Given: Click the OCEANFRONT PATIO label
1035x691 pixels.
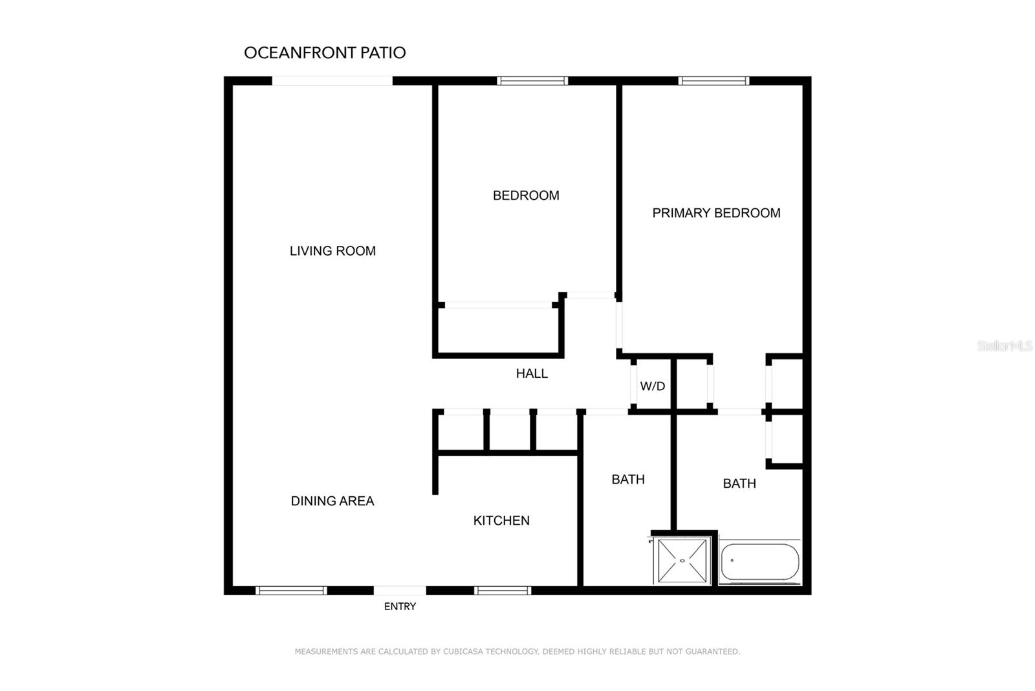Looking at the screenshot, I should click(x=325, y=53).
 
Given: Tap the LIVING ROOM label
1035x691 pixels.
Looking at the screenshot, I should click(x=332, y=251).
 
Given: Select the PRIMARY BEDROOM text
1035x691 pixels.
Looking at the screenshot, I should click(x=716, y=213).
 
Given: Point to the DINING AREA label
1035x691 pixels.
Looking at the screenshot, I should click(x=332, y=501).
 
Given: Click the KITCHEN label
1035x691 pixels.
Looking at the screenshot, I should click(x=501, y=521).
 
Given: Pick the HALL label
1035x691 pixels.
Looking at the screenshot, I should click(x=532, y=373).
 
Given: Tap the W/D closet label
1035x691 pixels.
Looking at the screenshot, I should click(x=652, y=386).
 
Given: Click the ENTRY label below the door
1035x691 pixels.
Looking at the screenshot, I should click(x=400, y=606).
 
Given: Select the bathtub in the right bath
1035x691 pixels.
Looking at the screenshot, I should click(x=759, y=562).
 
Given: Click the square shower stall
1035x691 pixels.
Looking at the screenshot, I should click(x=682, y=560).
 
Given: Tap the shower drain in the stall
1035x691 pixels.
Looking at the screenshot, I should click(x=682, y=561).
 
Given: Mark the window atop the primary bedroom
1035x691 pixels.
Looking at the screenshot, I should click(x=714, y=81).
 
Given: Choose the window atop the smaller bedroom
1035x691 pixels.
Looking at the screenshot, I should click(x=532, y=81).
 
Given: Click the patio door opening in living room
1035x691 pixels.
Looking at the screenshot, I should click(x=332, y=81).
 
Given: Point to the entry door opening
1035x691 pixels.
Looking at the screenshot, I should click(x=400, y=590).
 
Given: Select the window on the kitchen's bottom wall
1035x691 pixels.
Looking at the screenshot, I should click(x=503, y=590).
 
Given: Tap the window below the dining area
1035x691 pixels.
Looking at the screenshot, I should click(x=291, y=590).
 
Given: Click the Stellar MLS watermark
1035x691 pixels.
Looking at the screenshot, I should click(x=1004, y=346).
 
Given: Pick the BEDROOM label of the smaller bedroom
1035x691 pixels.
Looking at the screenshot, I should click(x=526, y=195).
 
